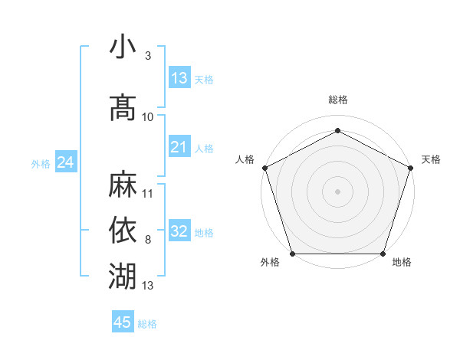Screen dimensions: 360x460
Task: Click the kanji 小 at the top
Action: pyautogui.click(x=123, y=48)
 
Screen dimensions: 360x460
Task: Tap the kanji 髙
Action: pyautogui.click(x=123, y=106)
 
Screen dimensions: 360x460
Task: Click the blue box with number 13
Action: pyautogui.click(x=179, y=78)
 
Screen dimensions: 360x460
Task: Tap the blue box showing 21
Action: pyautogui.click(x=179, y=147)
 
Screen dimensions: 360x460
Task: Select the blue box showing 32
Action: pyautogui.click(x=179, y=231)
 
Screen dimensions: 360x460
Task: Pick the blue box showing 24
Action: pyautogui.click(x=66, y=162)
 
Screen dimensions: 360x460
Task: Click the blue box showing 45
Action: pyautogui.click(x=123, y=322)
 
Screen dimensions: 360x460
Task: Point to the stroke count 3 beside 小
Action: pyautogui.click(x=147, y=56)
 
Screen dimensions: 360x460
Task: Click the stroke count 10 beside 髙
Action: pyautogui.click(x=148, y=116)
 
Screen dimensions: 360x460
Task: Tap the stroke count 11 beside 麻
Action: pyautogui.click(x=148, y=193)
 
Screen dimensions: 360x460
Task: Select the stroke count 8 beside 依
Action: pyautogui.click(x=147, y=240)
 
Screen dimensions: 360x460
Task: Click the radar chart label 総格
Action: pyautogui.click(x=338, y=100)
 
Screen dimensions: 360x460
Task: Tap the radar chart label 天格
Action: pyautogui.click(x=431, y=159)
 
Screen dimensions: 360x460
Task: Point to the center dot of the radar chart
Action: pyautogui.click(x=338, y=191)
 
